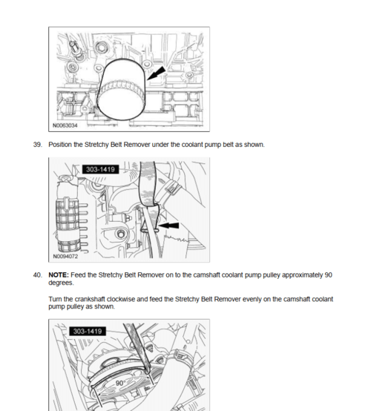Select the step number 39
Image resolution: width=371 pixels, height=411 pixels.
tap(38, 144)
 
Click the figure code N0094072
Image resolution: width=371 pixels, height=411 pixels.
tap(67, 257)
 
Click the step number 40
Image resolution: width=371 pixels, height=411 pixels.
tap(38, 274)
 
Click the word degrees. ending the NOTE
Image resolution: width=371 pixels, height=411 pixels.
tap(61, 283)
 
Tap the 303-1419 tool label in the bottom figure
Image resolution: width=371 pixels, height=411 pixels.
tap(88, 331)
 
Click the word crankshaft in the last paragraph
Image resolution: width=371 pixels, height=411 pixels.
tap(88, 299)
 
